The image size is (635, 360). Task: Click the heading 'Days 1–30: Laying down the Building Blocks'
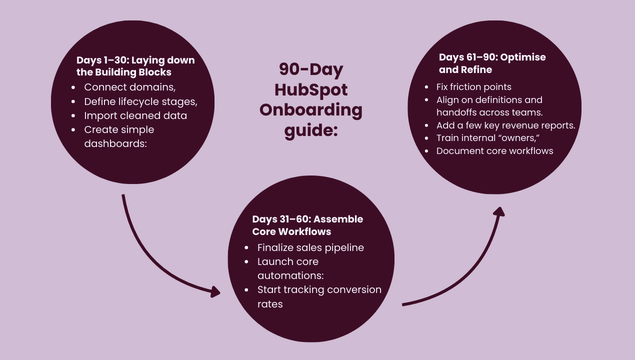coord(135,66)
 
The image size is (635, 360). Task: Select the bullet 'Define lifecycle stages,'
coord(140,101)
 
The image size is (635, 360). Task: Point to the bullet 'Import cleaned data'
coord(135,115)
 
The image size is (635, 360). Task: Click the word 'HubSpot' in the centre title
coord(311,90)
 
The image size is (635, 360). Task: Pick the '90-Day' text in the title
coord(311,69)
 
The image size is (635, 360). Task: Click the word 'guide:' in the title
coord(311,130)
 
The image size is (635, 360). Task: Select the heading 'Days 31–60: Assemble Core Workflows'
coord(307,225)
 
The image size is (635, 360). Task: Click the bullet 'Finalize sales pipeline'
coord(310,247)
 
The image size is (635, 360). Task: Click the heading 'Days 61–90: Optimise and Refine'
coord(492,63)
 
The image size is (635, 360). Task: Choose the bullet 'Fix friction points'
coord(473,87)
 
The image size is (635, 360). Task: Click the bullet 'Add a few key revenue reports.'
coord(505,125)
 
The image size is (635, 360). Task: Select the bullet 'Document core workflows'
coord(494,150)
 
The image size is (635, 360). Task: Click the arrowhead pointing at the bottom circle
coord(215,292)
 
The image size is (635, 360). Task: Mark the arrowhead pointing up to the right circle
coord(498,211)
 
